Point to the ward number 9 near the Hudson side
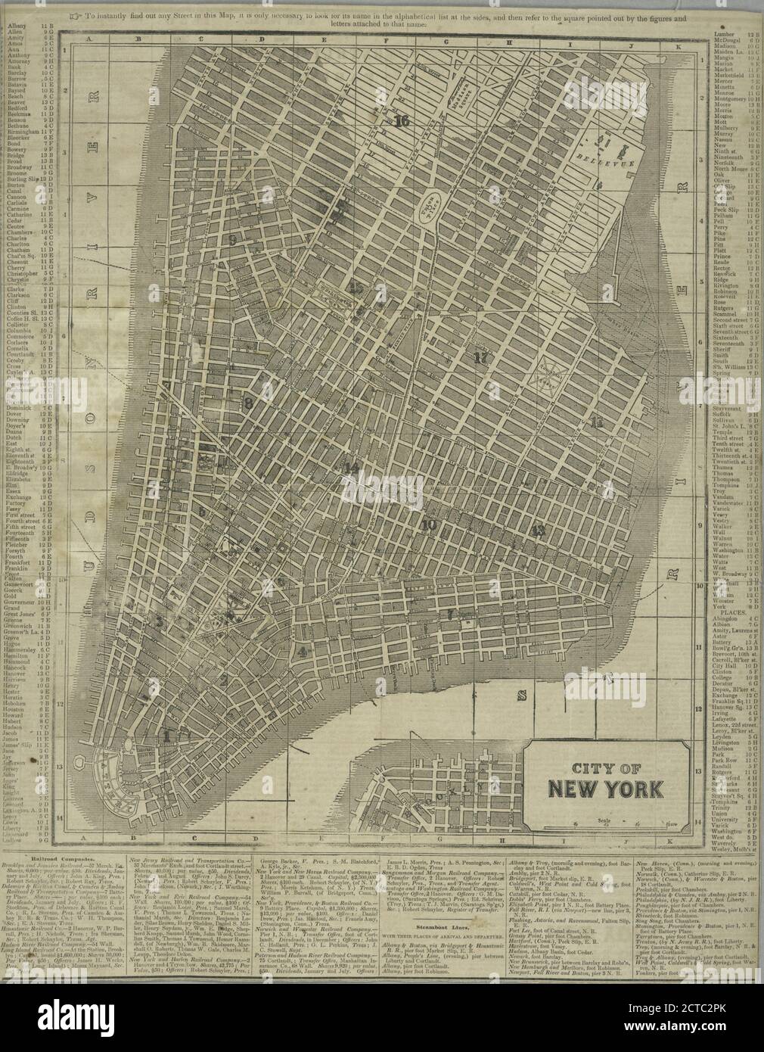(233, 239)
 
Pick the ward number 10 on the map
(429, 524)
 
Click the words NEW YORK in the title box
(607, 788)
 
